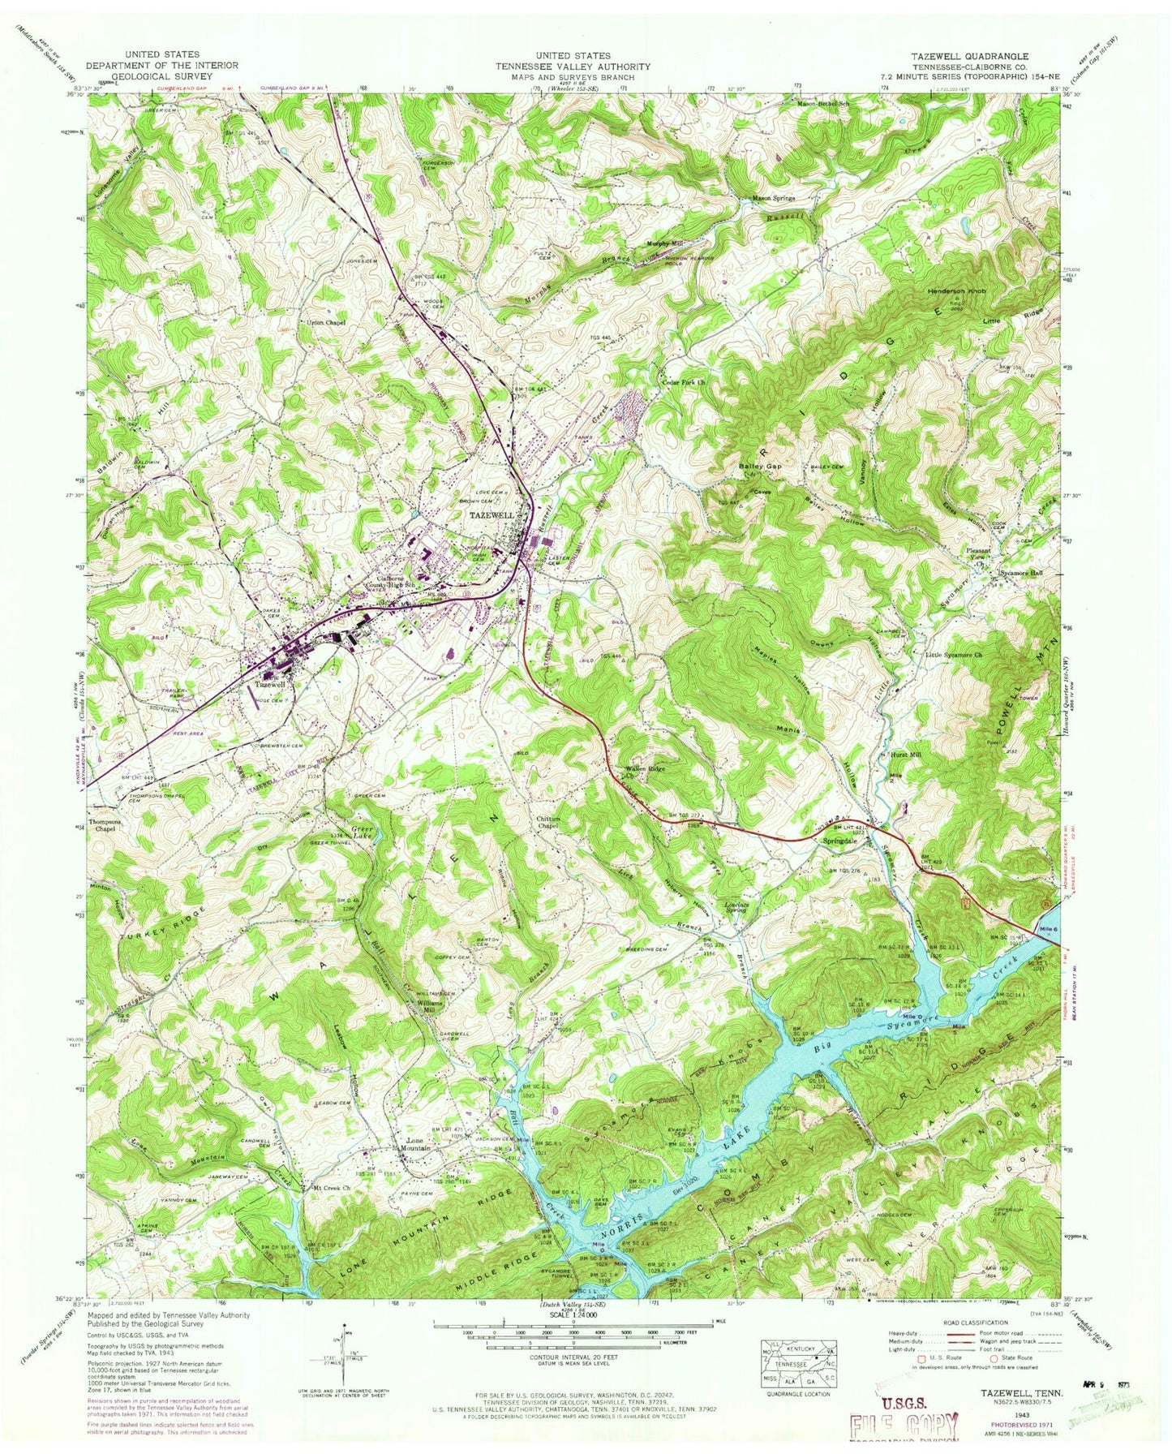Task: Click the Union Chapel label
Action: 325,322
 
